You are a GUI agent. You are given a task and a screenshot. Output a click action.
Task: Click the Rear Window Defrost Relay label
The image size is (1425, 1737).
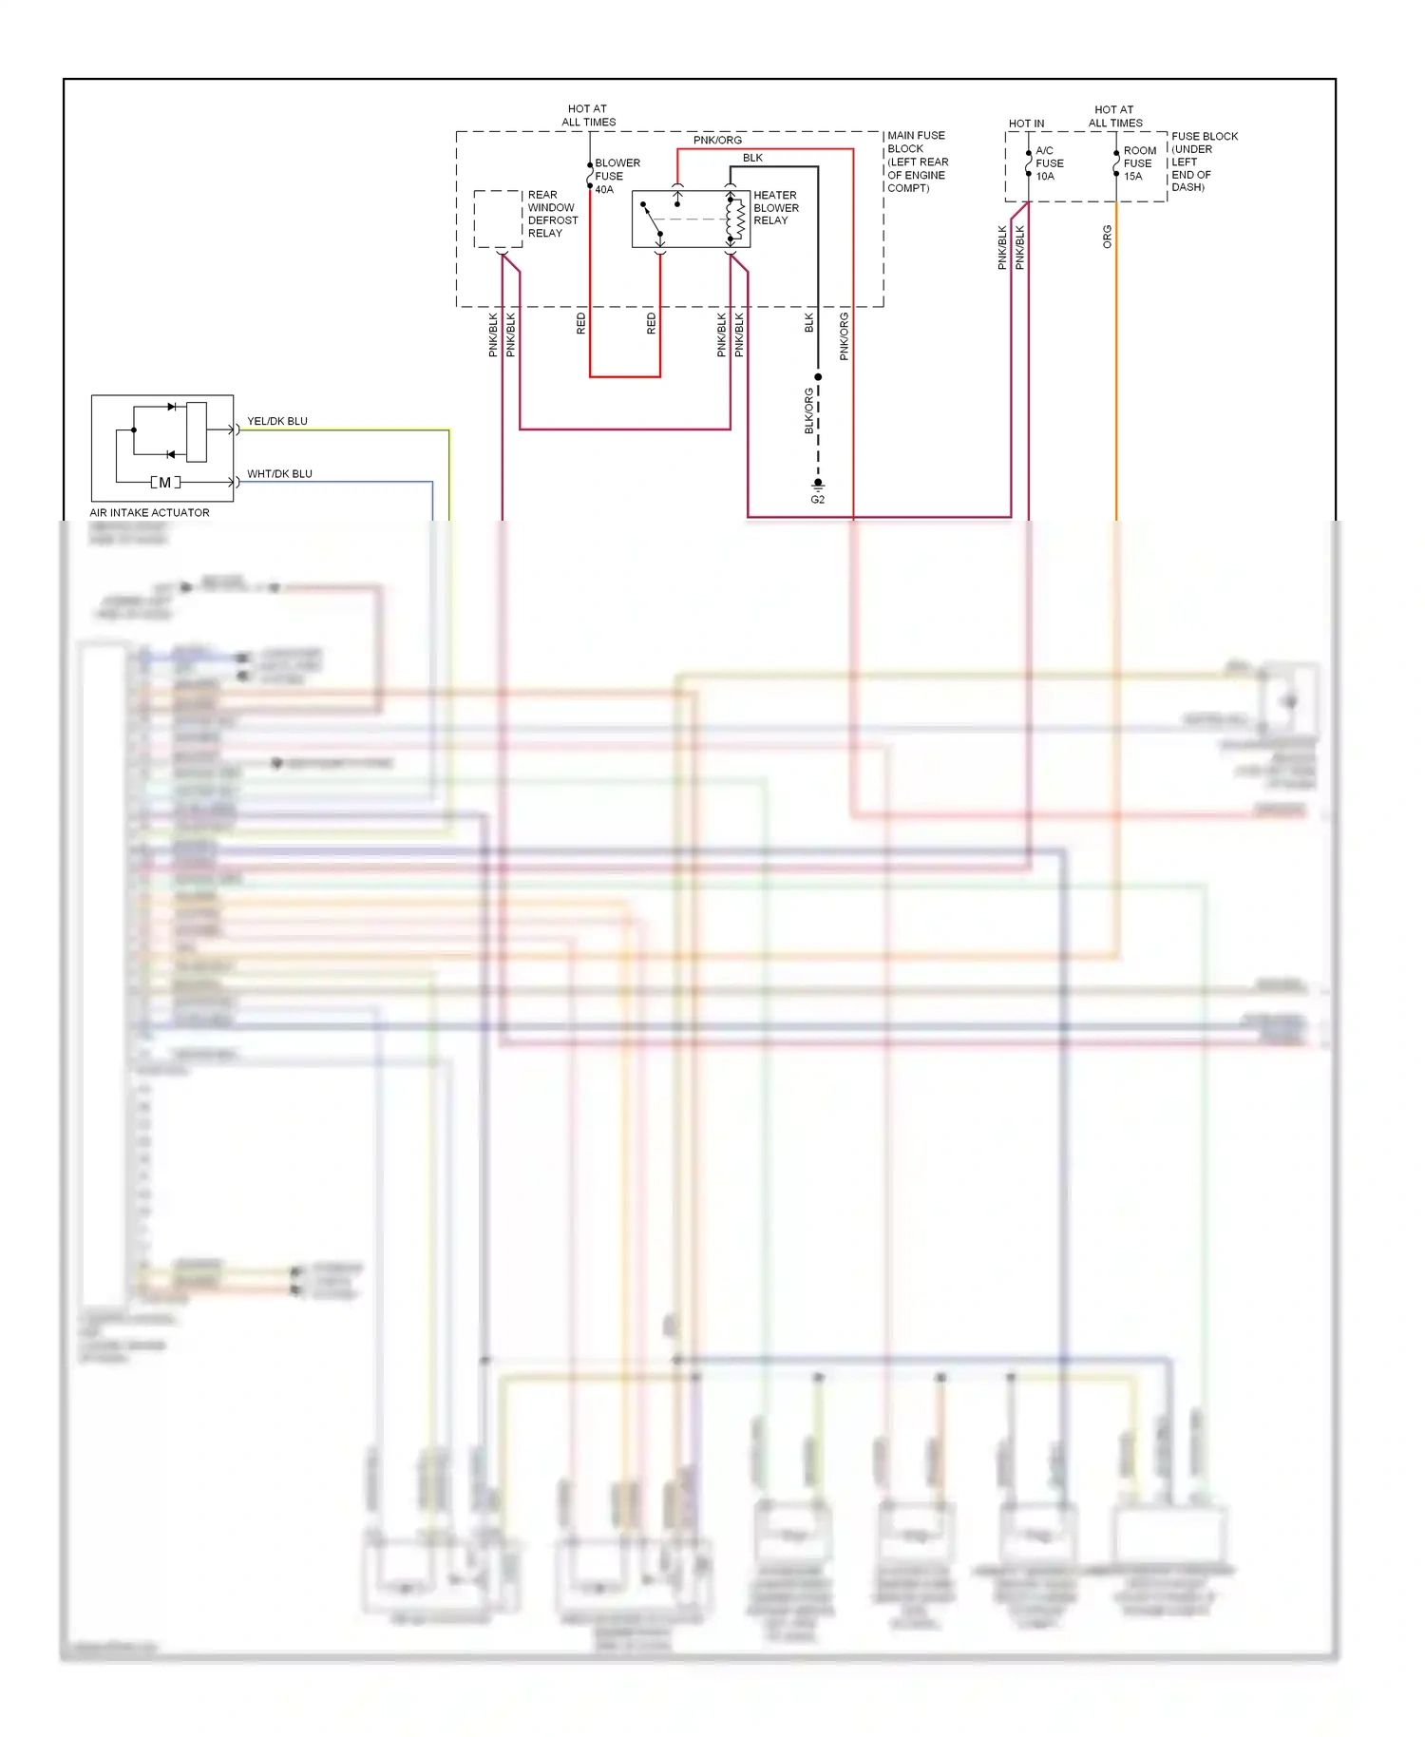tap(552, 214)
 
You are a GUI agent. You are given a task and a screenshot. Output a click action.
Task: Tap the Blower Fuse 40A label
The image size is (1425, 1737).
tap(617, 176)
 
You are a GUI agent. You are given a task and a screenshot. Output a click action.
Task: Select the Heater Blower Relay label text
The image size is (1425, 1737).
tap(775, 207)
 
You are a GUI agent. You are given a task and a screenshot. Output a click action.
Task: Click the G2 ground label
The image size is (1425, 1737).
tap(817, 500)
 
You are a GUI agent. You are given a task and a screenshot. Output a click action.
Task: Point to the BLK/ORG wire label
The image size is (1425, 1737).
tap(808, 410)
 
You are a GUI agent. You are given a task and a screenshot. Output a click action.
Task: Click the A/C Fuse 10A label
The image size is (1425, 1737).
tap(1049, 163)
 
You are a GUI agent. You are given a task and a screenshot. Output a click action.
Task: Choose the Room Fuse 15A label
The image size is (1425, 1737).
tap(1139, 163)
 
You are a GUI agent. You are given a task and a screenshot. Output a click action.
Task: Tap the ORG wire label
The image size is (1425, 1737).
tap(1107, 237)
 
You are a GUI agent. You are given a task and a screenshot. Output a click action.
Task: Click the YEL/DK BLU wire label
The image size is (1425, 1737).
tap(276, 421)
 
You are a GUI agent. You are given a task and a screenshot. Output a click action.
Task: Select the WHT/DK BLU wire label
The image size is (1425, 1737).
tap(279, 473)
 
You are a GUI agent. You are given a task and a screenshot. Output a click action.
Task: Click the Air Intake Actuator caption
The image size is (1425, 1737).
tap(149, 512)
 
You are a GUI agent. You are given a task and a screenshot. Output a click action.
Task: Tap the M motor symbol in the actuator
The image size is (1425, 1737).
tap(165, 483)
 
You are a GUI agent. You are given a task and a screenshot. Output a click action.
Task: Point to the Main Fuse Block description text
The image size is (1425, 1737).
tap(917, 162)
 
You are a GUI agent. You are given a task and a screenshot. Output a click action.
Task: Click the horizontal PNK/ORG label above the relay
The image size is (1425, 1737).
tap(717, 140)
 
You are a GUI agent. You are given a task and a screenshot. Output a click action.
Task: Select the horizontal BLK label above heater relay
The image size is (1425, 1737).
tap(752, 158)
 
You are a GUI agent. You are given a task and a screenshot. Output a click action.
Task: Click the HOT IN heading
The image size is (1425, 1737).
tap(1026, 124)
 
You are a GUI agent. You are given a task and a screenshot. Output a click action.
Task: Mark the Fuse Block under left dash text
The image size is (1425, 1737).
tap(1203, 162)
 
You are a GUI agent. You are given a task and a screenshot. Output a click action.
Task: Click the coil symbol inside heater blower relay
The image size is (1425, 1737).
tap(738, 220)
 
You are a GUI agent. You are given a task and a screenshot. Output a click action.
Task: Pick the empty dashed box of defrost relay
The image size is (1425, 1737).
tap(498, 219)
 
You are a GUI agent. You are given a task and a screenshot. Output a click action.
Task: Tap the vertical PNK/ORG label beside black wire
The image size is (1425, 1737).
tap(844, 336)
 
